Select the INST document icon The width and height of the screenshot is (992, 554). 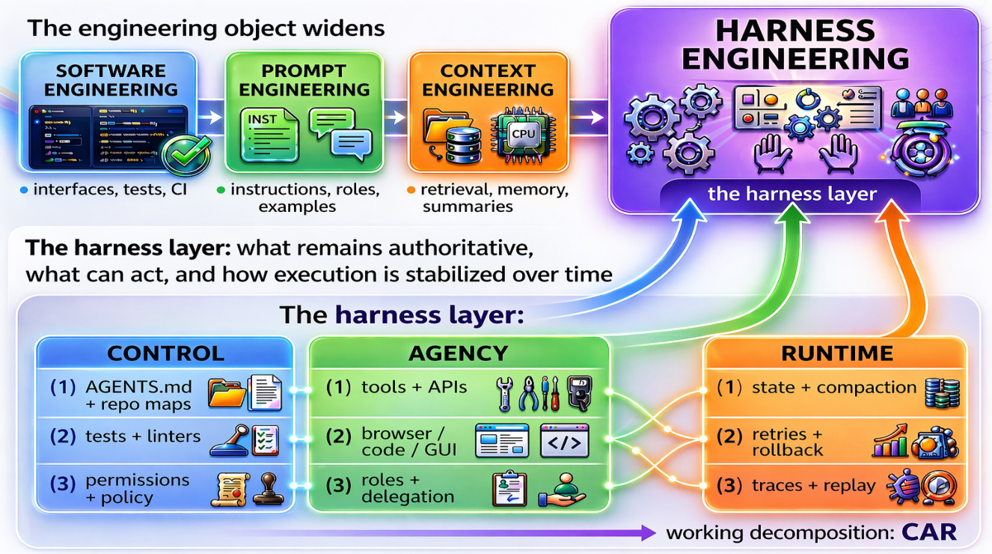pyautogui.click(x=269, y=136)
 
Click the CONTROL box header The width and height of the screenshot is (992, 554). pyautogui.click(x=165, y=353)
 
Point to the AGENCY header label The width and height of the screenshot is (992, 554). pyautogui.click(x=458, y=353)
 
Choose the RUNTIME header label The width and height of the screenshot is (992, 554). pyautogui.click(x=837, y=353)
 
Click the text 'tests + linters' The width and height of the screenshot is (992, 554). pyautogui.click(x=143, y=436)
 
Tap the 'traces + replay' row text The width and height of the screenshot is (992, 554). pyautogui.click(x=813, y=486)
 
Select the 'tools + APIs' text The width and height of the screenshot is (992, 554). pyautogui.click(x=414, y=387)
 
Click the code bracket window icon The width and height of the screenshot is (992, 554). pyautogui.click(x=565, y=440)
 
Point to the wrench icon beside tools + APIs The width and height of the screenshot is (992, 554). pyautogui.click(x=504, y=394)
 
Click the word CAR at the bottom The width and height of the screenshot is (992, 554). pyautogui.click(x=929, y=532)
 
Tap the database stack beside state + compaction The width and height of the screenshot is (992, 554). pyautogui.click(x=943, y=393)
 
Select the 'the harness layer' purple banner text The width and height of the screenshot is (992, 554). pyautogui.click(x=792, y=194)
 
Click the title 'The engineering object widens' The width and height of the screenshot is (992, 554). pyautogui.click(x=206, y=28)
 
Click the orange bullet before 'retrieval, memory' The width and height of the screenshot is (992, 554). pyautogui.click(x=411, y=190)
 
